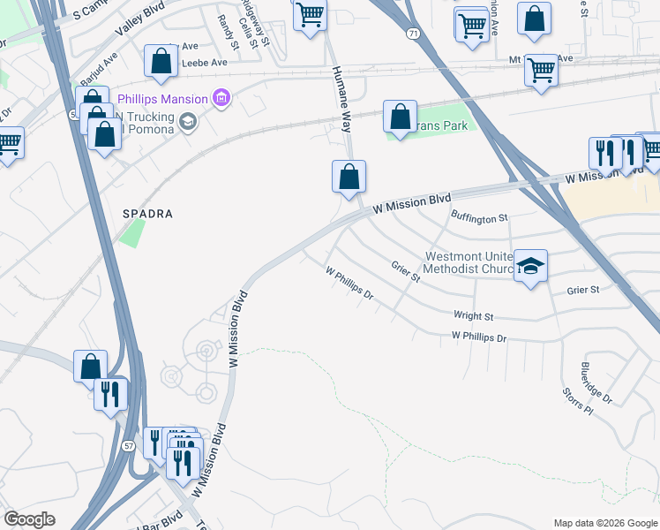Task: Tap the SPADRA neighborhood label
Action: pyautogui.click(x=147, y=214)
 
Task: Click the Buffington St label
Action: pyautogui.click(x=480, y=216)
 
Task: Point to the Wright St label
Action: pyautogui.click(x=473, y=315)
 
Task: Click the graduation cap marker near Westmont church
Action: pyautogui.click(x=531, y=265)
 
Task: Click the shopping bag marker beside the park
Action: pyautogui.click(x=401, y=117)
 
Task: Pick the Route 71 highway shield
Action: pyautogui.click(x=413, y=33)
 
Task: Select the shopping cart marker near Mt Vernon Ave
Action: pyautogui.click(x=541, y=69)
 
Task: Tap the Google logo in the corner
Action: pyautogui.click(x=29, y=520)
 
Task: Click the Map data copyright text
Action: pyautogui.click(x=605, y=523)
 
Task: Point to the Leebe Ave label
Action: pyautogui.click(x=204, y=64)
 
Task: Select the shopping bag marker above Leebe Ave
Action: pyautogui.click(x=161, y=61)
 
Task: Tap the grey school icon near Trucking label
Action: pyautogui.click(x=186, y=121)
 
